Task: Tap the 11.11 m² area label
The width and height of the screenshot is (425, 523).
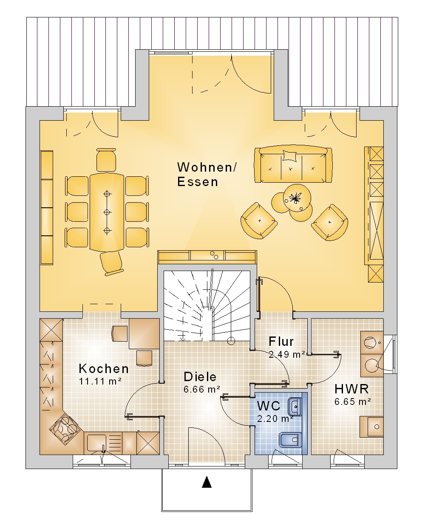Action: [100, 382]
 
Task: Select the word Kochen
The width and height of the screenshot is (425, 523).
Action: [104, 368]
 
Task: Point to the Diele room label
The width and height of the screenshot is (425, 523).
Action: [200, 377]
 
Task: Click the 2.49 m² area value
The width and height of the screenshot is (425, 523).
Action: [287, 354]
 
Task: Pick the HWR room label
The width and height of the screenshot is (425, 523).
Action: [351, 389]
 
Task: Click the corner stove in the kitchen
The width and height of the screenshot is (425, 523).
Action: [65, 429]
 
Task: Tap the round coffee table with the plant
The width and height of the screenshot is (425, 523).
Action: [297, 198]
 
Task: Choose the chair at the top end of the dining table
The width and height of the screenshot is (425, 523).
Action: [106, 160]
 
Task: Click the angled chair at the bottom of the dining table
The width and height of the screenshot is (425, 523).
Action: [111, 263]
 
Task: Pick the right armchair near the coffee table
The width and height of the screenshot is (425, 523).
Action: [330, 222]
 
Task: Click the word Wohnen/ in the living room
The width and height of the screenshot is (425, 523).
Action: [207, 167]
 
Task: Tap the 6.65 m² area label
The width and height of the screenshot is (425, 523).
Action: [352, 402]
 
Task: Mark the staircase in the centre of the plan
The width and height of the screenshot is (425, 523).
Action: [207, 306]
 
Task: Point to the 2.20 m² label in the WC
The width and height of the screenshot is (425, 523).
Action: [275, 418]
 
